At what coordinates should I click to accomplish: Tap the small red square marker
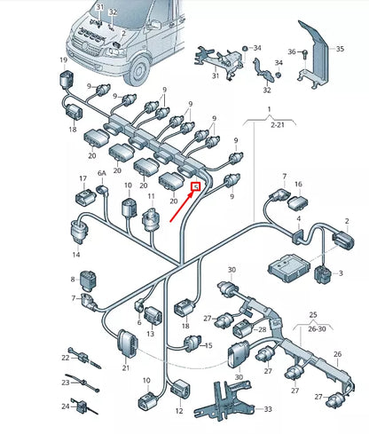pos(196,186)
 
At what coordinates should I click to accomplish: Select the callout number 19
pos(63,60)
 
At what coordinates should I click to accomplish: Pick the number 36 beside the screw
pos(292,51)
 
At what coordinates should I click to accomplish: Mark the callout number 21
pos(125,368)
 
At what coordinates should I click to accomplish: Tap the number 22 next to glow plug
pos(65,358)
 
